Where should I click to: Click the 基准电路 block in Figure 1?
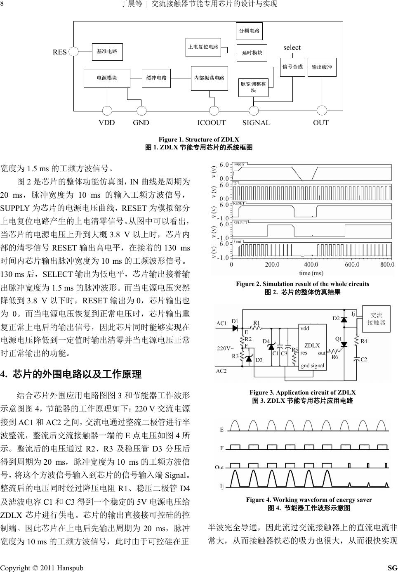pyautogui.click(x=107, y=52)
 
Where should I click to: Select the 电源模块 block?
pyautogui.click(x=107, y=78)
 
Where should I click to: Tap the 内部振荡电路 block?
pyautogui.click(x=209, y=78)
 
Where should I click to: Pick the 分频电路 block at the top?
pyautogui.click(x=249, y=31)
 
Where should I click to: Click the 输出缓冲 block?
pyautogui.click(x=322, y=67)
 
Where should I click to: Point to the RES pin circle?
pyautogui.click(x=73, y=52)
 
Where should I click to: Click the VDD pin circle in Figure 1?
pyautogui.click(x=107, y=111)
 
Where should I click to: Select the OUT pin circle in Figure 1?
pyautogui.click(x=322, y=111)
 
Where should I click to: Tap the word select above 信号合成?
pyautogui.click(x=292, y=48)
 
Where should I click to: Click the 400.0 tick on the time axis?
pyautogui.click(x=311, y=265)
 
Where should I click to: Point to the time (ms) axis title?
pyautogui.click(x=311, y=273)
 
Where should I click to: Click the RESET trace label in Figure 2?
pyautogui.click(x=239, y=203)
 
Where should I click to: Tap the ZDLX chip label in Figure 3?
pyautogui.click(x=312, y=345)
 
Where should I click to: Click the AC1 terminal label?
pyautogui.click(x=221, y=324)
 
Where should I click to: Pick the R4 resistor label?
pyautogui.click(x=364, y=341)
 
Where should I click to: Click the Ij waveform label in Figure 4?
pyautogui.click(x=222, y=487)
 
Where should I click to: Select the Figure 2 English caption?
pyautogui.click(x=302, y=284)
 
